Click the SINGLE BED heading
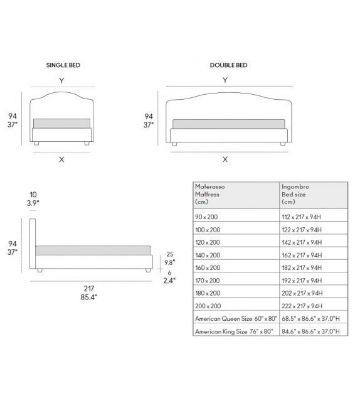[x=63, y=65]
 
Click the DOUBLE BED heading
[x=228, y=65]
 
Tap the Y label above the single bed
[x=61, y=80]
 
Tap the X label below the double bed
[x=225, y=159]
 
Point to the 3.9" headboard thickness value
[x=32, y=203]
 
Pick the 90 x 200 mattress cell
[x=208, y=217]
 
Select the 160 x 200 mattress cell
[x=208, y=267]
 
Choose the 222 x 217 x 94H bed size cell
[x=302, y=306]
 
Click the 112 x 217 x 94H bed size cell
[x=302, y=217]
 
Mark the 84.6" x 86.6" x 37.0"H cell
[x=312, y=331]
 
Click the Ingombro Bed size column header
[x=296, y=195]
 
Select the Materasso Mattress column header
[x=210, y=195]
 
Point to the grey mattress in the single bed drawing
[x=61, y=123]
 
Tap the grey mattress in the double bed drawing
[x=230, y=124]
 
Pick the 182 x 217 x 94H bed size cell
[x=302, y=267]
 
